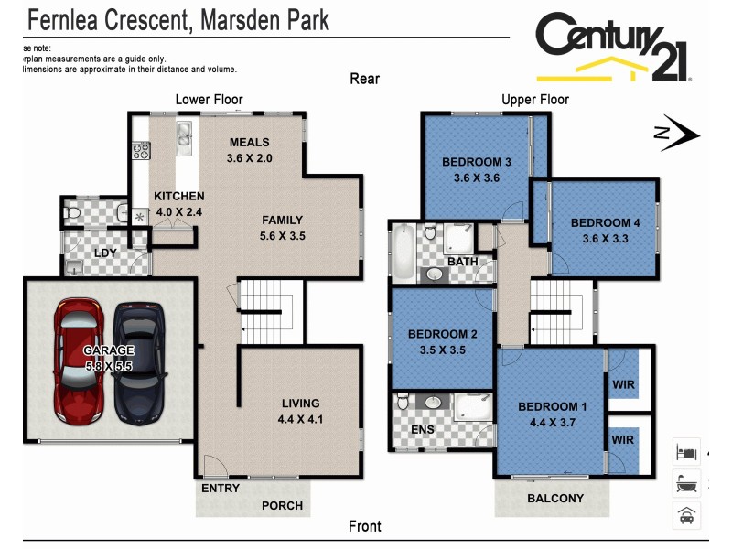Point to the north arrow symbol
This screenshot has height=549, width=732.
[677, 134]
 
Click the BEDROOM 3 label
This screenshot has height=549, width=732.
[477, 162]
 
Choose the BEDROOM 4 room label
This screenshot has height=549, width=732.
[606, 222]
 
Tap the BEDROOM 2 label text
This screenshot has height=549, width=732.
[443, 333]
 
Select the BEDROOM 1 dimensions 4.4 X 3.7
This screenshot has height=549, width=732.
[553, 423]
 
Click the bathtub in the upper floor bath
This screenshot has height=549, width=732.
[403, 253]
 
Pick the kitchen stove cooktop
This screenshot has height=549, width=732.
[141, 151]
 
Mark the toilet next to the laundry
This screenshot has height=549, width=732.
[74, 213]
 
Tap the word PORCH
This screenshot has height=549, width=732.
[282, 505]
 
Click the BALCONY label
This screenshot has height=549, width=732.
[554, 499]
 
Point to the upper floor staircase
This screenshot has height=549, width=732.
[561, 311]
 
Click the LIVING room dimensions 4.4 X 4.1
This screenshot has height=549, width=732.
[300, 420]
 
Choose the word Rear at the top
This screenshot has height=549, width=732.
[364, 79]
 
